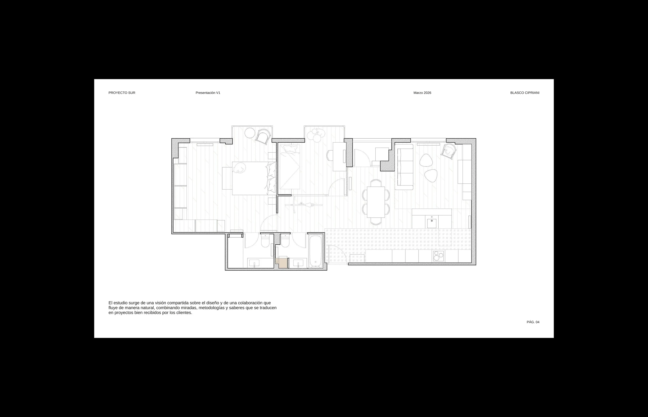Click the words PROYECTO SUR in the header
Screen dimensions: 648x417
[x=122, y=93]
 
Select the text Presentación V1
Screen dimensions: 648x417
[x=208, y=93]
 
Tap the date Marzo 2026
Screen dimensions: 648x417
[x=422, y=93]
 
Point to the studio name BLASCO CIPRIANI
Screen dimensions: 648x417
[x=525, y=93]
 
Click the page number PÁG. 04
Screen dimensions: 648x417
[x=533, y=322]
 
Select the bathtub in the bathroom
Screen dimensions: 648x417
[x=315, y=251]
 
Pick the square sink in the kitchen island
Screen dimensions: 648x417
[x=431, y=223]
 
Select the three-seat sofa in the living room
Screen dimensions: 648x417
[x=404, y=167]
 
